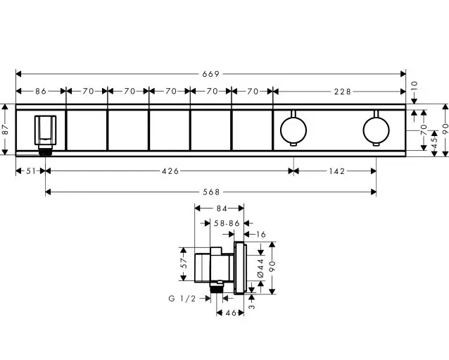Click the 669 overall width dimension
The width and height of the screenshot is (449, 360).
tap(210, 74)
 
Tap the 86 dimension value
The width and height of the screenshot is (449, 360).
tap(41, 92)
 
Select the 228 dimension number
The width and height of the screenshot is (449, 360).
tap(343, 92)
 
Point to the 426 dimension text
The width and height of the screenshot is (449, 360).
tap(170, 171)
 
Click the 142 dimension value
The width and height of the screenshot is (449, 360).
tap(337, 171)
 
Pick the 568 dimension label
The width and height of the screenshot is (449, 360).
tap(211, 192)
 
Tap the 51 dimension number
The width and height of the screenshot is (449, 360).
tap(31, 171)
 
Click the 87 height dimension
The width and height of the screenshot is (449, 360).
tap(5, 130)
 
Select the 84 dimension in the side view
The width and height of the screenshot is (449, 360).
tap(222, 209)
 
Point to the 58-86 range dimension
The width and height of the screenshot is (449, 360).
tap(227, 223)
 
